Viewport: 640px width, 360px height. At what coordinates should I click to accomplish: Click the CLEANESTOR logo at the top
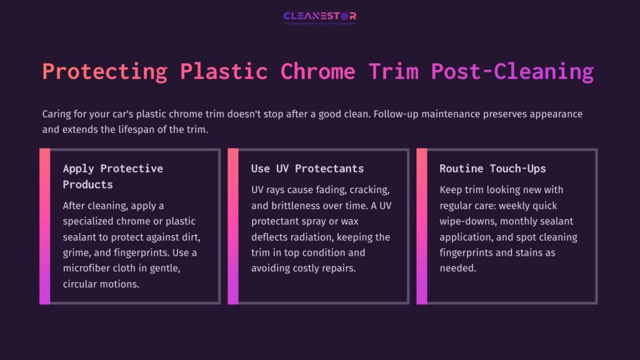(x=319, y=17)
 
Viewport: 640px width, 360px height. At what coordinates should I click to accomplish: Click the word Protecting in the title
(x=104, y=72)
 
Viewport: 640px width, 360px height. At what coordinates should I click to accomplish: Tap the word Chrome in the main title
(x=317, y=72)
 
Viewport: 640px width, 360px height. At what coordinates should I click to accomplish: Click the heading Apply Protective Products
(x=112, y=176)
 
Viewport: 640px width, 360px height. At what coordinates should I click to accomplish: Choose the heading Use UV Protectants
(x=307, y=169)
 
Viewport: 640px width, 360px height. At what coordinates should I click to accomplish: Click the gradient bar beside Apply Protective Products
(x=44, y=226)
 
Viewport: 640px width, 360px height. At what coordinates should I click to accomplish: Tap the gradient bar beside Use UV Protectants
(x=233, y=226)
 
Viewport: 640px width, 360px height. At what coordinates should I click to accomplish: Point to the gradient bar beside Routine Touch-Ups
(x=422, y=226)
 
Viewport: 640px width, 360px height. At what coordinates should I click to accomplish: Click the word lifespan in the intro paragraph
(x=129, y=129)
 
